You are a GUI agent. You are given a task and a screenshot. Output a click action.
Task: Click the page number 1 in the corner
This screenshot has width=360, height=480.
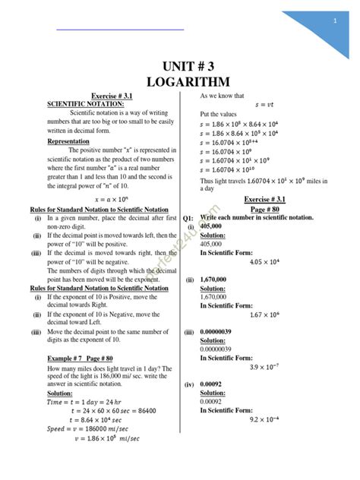click(334, 21)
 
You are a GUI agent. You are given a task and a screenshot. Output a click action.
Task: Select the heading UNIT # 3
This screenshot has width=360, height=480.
click(180, 65)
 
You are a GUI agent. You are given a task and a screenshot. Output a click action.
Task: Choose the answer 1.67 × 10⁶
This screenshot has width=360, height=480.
click(267, 314)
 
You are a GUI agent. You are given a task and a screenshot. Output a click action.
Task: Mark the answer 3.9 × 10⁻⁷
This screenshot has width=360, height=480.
click(267, 367)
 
